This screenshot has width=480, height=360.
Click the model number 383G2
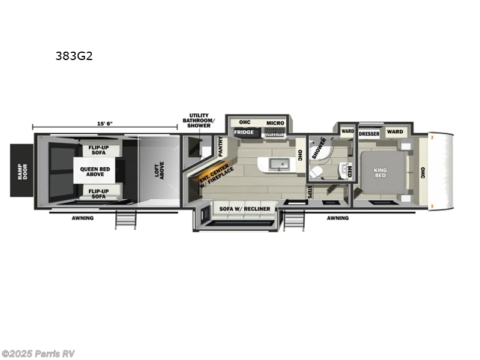73,57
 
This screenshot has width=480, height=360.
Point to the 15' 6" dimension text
103,124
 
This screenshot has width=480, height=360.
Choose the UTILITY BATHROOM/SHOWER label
199,121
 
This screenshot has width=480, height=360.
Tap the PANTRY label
220,146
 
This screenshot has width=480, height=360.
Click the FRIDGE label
243,132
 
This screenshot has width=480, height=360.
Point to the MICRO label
275,123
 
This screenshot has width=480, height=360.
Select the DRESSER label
369,133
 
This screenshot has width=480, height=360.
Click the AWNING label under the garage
82,218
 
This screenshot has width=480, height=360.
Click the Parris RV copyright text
38,353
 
